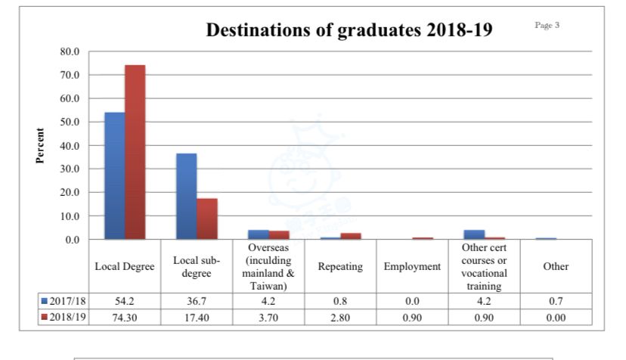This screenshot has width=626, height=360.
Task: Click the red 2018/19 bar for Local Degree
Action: pos(135,152)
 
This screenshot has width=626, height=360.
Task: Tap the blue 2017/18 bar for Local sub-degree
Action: pos(187,196)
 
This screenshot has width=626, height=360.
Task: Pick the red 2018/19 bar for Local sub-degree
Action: pos(207,219)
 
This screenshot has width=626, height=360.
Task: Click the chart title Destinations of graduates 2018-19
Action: pos(349,30)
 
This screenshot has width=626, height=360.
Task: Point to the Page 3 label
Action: pos(547,25)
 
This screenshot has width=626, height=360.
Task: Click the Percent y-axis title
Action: pos(40,145)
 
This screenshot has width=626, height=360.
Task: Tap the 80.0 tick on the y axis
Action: pos(70,51)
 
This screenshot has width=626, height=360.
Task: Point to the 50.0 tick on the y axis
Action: pos(70,122)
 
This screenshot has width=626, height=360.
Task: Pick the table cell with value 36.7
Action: pos(197,301)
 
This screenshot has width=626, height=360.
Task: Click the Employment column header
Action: pos(412,266)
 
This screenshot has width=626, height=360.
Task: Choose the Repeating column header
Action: pos(340,266)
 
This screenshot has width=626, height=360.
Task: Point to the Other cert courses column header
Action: pos(484,266)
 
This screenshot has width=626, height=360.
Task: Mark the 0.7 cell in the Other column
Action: pos(556,301)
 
